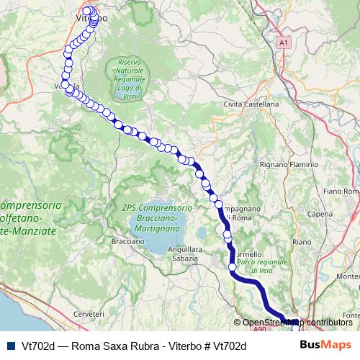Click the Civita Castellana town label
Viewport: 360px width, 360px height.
point(251,104)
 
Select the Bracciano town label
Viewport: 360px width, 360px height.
point(129,241)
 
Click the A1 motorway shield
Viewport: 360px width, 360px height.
point(284,42)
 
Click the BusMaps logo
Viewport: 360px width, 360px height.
point(325,346)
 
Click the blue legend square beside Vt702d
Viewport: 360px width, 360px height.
point(9,346)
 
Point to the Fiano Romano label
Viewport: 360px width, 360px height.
point(342,191)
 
